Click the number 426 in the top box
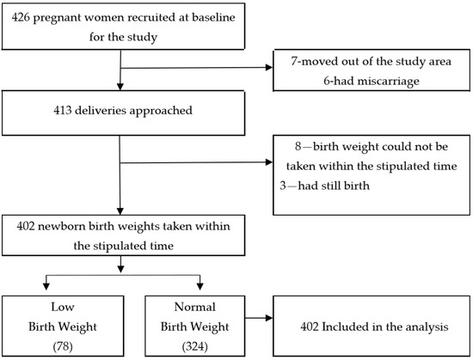(21, 17)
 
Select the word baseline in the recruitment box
(213, 17)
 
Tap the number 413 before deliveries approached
(63, 110)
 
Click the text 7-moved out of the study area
(371, 61)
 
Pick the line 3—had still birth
(324, 186)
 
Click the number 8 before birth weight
(298, 146)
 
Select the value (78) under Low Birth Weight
(63, 346)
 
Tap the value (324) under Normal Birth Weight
(195, 346)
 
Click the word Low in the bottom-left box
(63, 307)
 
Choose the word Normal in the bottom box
(195, 307)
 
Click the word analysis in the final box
(427, 326)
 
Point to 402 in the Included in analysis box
(310, 326)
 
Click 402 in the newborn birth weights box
(26, 226)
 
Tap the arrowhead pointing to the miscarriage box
(269, 67)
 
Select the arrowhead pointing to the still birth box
(269, 162)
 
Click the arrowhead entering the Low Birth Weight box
(46, 286)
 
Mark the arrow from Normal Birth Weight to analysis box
(259, 318)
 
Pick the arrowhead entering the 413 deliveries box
(120, 87)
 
